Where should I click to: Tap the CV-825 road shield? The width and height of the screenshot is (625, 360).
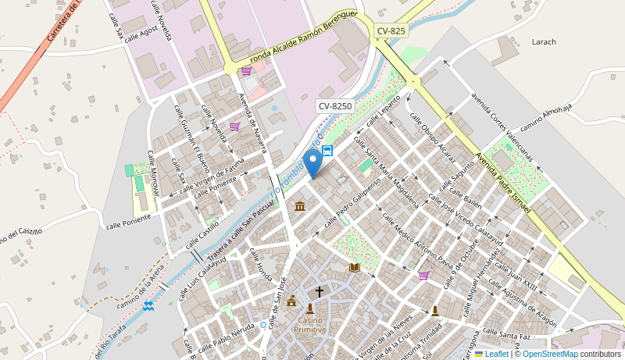(391, 31)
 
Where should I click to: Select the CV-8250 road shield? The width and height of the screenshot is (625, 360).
(335, 105)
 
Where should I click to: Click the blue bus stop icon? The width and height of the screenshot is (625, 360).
(327, 151)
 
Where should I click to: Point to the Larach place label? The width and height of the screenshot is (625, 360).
(544, 41)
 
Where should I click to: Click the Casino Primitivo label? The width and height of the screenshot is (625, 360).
(309, 325)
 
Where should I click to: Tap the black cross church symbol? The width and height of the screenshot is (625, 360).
(319, 292)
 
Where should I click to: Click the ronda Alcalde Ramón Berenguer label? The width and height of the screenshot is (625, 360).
(303, 37)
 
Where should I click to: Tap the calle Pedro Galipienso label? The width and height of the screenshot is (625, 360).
(352, 201)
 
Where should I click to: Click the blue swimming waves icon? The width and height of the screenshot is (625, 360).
(148, 305)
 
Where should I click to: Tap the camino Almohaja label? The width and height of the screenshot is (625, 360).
(546, 116)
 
